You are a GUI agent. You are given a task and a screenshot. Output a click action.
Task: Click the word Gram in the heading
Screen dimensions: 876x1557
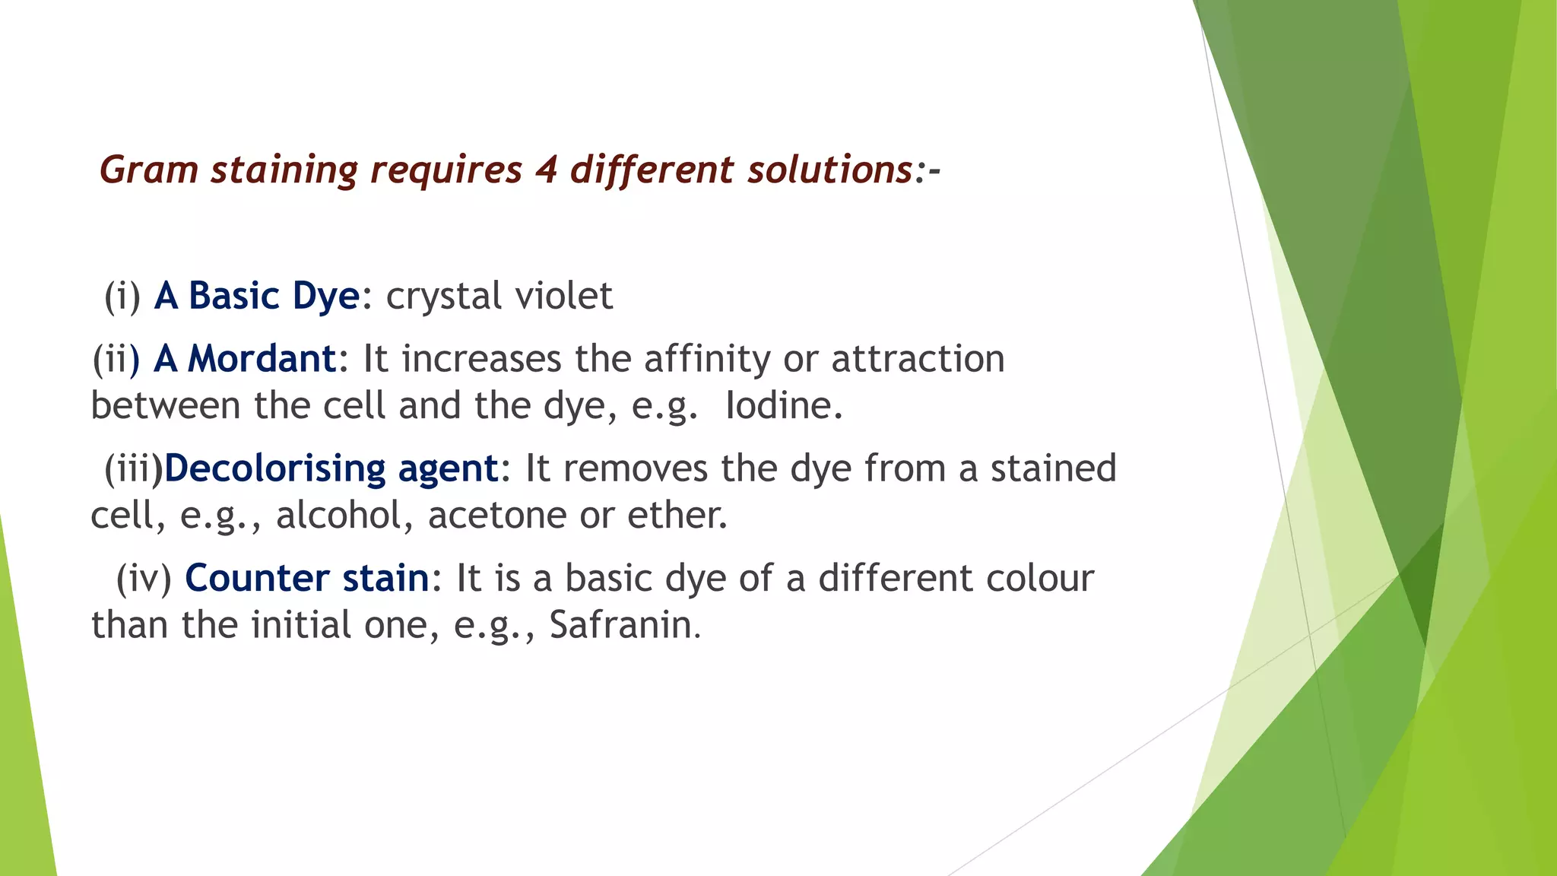[149, 170]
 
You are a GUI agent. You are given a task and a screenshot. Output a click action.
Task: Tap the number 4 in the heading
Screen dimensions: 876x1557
[546, 170]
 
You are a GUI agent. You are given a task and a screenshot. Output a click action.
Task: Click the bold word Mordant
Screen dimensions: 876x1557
[262, 358]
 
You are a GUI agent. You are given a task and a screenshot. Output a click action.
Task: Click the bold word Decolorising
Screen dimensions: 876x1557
[275, 468]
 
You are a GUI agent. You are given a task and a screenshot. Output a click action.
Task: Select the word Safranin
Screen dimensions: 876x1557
[623, 625]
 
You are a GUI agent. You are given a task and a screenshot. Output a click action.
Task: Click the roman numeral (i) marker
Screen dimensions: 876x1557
[122, 296]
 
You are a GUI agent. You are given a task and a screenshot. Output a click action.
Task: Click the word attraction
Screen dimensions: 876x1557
[918, 358]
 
